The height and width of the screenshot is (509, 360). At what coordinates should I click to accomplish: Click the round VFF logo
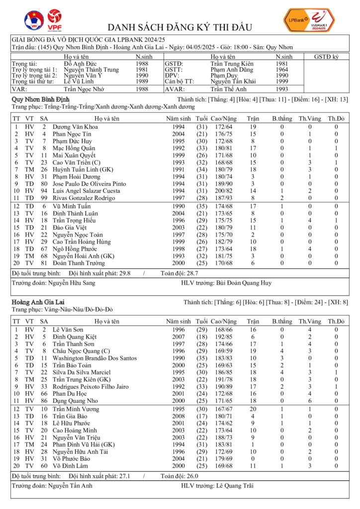pyautogui.click(x=33, y=20)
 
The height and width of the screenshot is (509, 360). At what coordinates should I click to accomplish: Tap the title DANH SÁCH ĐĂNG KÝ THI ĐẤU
pyautogui.click(x=180, y=27)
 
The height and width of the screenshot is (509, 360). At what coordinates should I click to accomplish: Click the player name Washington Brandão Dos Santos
pyautogui.click(x=94, y=358)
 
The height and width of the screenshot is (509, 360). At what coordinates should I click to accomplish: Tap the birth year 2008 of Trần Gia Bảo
pyautogui.click(x=179, y=416)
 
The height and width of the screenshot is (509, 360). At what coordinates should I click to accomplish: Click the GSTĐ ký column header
pyautogui.click(x=326, y=57)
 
